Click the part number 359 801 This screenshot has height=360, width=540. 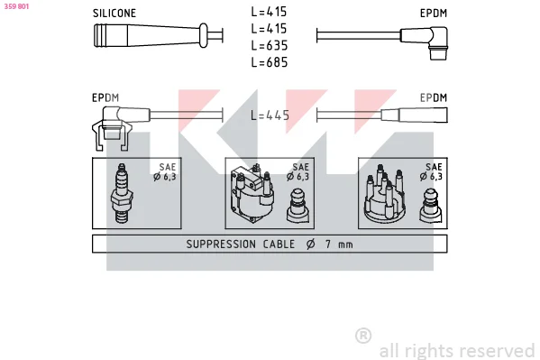(16, 6)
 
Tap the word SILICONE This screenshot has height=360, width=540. (114, 14)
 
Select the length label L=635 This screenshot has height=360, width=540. (269, 45)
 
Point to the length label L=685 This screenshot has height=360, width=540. (269, 62)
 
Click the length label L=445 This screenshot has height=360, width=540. (270, 115)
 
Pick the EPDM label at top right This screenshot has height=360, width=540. (434, 14)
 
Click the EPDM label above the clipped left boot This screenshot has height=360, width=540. (105, 98)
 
